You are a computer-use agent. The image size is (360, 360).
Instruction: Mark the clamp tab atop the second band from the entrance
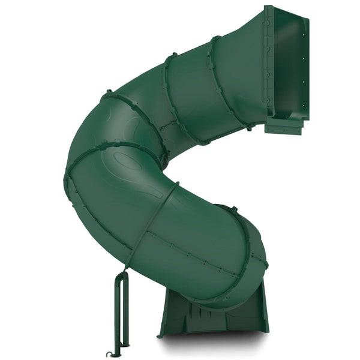tap(170, 55)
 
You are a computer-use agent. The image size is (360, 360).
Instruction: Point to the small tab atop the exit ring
tap(234, 209)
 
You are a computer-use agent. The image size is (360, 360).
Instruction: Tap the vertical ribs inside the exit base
tap(198, 312)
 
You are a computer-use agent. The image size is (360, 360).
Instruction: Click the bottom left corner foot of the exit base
tap(161, 334)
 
